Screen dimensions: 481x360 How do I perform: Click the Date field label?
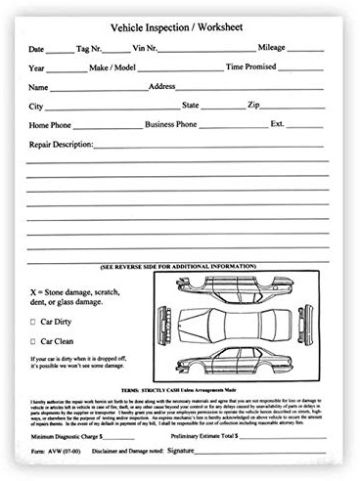(x=36, y=48)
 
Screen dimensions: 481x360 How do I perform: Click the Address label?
(x=161, y=86)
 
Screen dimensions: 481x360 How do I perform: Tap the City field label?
(x=36, y=106)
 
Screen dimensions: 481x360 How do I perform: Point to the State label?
(x=189, y=105)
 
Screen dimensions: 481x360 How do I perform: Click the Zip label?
(x=252, y=105)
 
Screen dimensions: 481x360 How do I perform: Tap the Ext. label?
(x=278, y=124)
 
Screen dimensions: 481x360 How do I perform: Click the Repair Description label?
(x=60, y=144)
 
